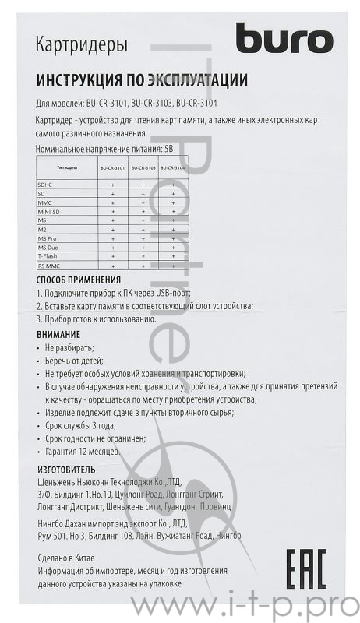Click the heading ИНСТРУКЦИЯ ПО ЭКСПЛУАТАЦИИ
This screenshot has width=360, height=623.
pos(142,80)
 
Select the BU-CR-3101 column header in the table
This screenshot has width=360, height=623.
pos(111,167)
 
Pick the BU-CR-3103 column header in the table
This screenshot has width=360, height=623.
pos(143,167)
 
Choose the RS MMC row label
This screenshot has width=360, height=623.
pos(48,266)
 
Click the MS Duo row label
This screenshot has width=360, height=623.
pos(48,247)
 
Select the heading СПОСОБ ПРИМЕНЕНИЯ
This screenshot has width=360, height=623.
pos(79,280)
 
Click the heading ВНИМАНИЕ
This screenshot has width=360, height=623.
pos(58,333)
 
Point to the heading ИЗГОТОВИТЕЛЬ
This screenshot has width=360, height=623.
pos(66,470)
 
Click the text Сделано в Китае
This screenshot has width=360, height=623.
pos(71,558)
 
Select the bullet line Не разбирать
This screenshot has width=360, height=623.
pos(69,347)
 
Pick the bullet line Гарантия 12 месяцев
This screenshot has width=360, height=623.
pos(82,452)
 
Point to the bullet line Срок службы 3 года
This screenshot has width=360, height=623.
pos(80,425)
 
